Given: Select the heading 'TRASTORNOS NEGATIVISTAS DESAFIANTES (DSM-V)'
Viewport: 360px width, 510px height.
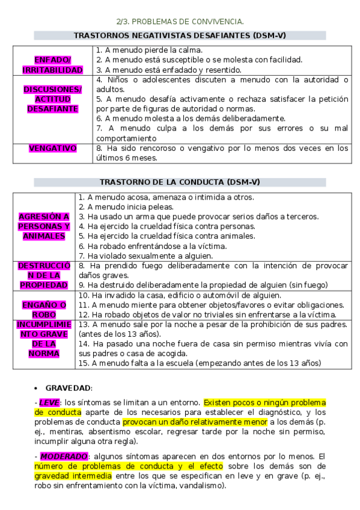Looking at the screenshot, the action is click(x=180, y=35).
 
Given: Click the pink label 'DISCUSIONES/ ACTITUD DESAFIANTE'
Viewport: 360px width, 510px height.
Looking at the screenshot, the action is click(x=52, y=99).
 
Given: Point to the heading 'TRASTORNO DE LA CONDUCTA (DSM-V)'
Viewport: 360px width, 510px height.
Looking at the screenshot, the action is click(x=180, y=182).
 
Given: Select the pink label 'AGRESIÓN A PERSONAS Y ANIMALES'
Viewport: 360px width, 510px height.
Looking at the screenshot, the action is click(x=44, y=226).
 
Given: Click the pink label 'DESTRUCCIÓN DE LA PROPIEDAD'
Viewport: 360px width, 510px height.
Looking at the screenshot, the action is click(x=44, y=275).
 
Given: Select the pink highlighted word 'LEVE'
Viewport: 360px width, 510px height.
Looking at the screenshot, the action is click(x=49, y=402).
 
